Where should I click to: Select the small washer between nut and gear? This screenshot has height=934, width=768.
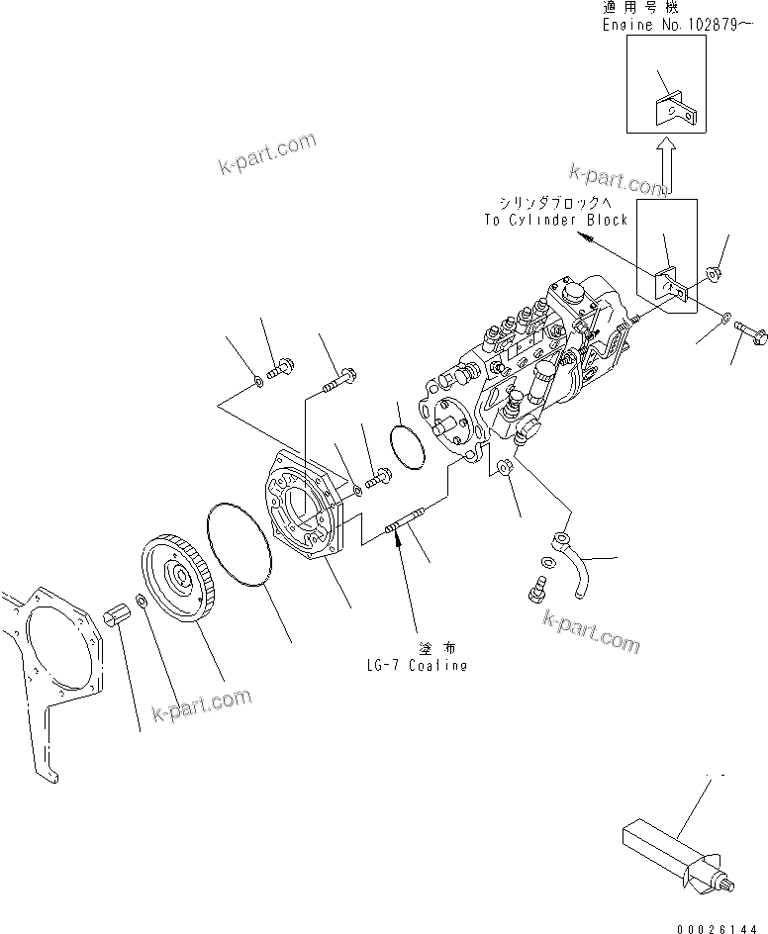pos(144,603)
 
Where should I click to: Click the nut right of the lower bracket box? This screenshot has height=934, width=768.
pos(712,274)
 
